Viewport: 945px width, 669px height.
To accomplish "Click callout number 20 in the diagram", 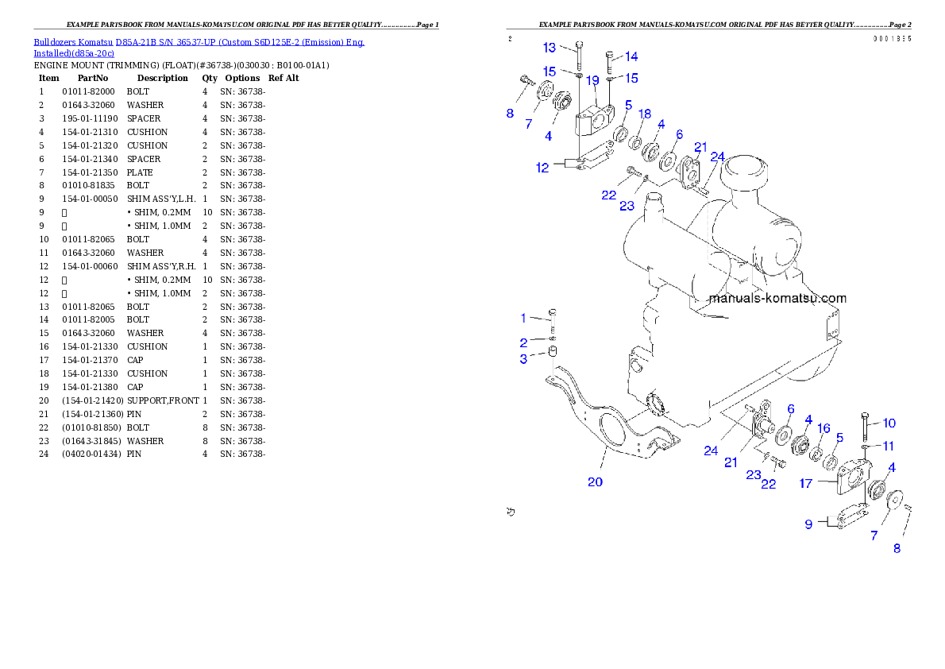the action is [x=595, y=482].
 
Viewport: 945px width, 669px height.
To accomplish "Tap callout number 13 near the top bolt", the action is [x=549, y=48].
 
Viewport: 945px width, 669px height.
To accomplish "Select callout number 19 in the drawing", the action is [x=592, y=80].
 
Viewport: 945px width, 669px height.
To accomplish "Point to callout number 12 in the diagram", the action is [x=542, y=168].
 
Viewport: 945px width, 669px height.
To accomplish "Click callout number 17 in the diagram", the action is [x=806, y=483].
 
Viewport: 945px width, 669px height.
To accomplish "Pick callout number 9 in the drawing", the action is [x=808, y=524].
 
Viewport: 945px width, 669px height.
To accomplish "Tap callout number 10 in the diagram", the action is [x=889, y=423].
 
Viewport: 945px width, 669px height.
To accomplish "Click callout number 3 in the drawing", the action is [x=523, y=359].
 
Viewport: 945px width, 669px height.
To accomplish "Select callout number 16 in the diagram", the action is [x=823, y=428].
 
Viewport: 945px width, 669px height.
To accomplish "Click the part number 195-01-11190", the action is [x=90, y=119].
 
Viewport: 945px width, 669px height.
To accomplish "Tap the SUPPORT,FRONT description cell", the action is [x=163, y=400].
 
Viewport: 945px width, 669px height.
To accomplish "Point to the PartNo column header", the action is [x=93, y=79].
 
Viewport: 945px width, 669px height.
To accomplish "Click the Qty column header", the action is [x=210, y=79].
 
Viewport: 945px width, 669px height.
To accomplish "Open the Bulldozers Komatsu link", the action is [x=73, y=42].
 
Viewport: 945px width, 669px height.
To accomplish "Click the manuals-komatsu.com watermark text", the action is [x=777, y=298].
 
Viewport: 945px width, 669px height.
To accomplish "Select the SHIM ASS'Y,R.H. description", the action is [x=161, y=267].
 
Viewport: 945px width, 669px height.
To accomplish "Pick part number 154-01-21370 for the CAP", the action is [x=90, y=360].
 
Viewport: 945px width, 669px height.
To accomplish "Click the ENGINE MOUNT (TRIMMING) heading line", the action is [x=181, y=65].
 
